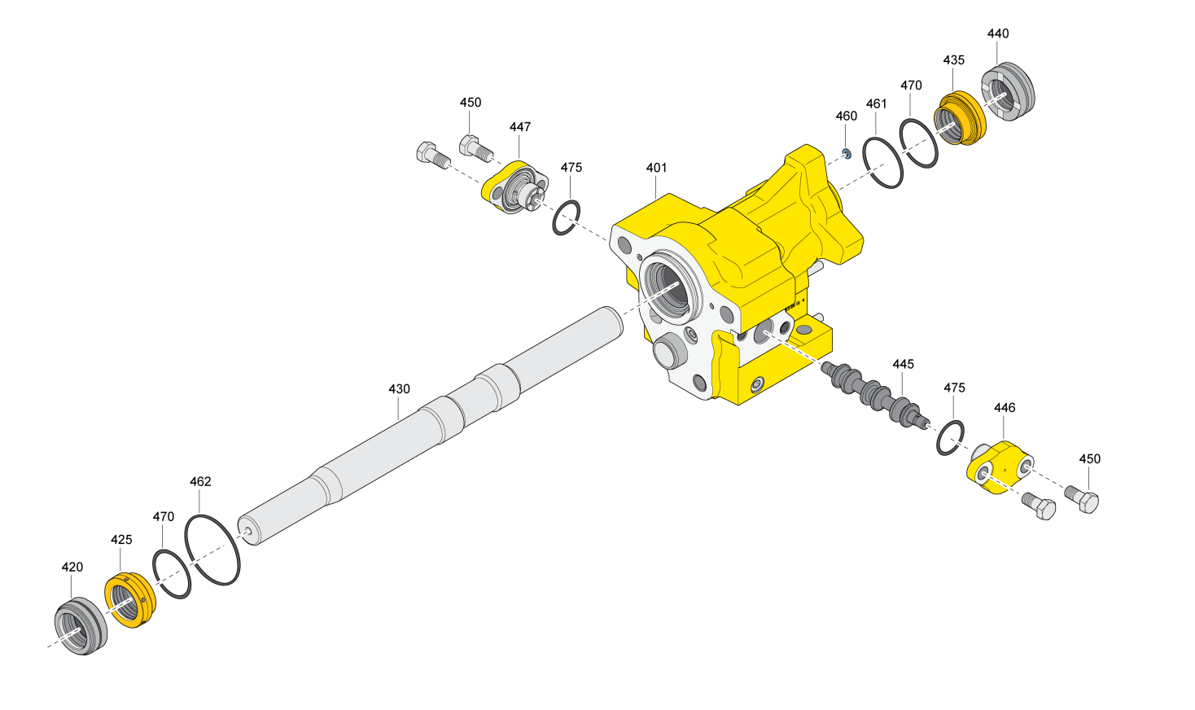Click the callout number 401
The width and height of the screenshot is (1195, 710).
click(656, 168)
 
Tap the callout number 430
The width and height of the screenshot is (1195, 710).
click(399, 389)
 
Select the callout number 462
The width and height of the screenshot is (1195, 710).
click(200, 482)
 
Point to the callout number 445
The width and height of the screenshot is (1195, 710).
click(904, 364)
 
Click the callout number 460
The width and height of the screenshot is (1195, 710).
click(846, 116)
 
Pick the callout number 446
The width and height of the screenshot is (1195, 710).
click(1005, 408)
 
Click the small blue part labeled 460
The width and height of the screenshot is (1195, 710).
click(847, 154)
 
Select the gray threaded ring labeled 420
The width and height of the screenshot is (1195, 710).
click(81, 625)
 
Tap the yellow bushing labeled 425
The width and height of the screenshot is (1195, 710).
click(129, 600)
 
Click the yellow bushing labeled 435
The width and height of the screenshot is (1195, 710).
click(960, 118)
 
